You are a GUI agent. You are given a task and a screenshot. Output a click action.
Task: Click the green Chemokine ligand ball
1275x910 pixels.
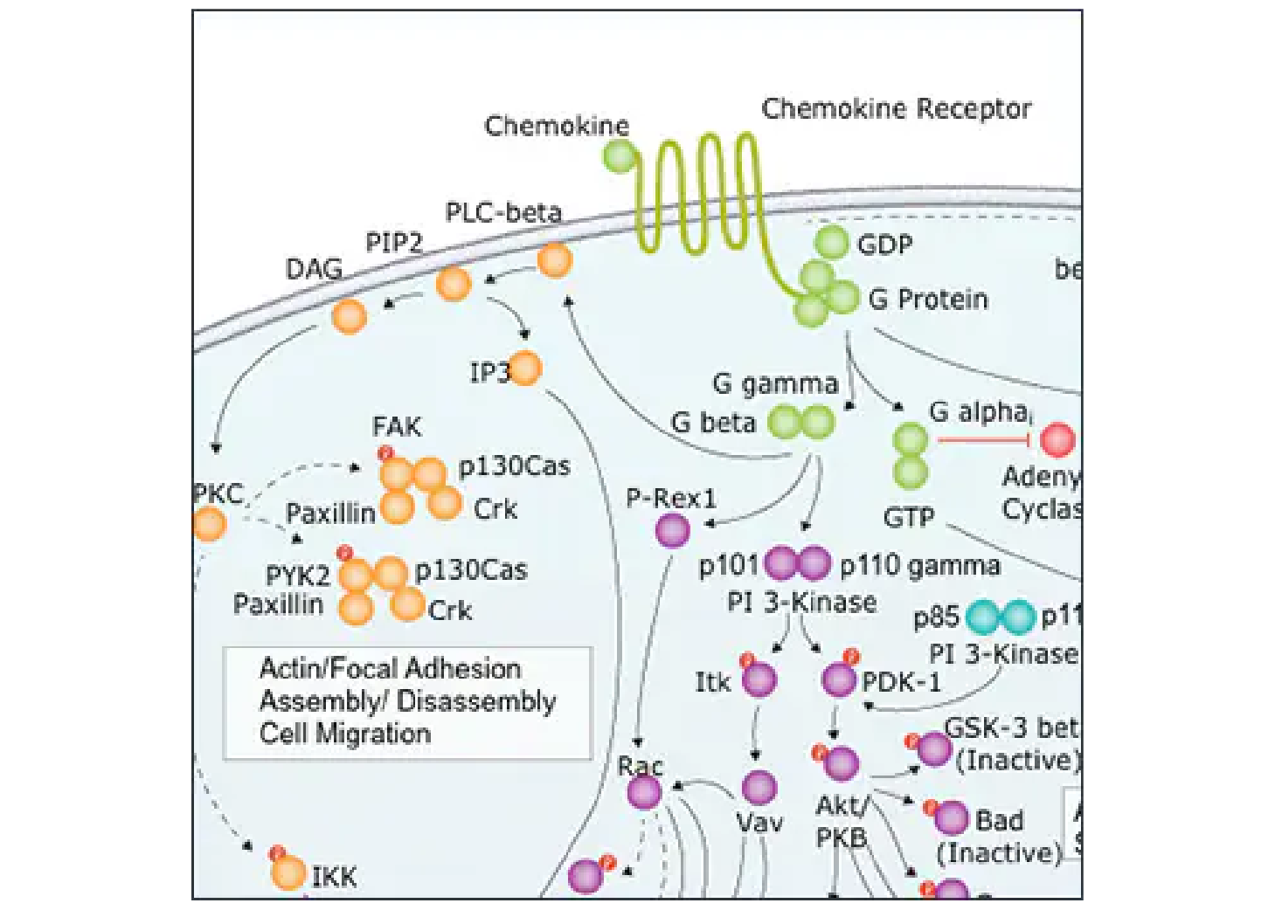point(620,157)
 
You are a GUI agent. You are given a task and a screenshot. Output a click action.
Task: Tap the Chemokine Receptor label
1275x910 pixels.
point(896,109)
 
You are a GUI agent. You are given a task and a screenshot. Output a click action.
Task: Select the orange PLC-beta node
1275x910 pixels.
point(554,260)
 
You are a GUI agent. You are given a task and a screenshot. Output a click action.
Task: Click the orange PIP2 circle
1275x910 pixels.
point(454,284)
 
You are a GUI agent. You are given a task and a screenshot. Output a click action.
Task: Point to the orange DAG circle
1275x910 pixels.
point(350,316)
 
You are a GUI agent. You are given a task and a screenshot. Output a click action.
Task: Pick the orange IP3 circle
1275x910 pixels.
point(525,369)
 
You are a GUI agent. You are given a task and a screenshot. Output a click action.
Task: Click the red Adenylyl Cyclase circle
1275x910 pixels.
point(1057,439)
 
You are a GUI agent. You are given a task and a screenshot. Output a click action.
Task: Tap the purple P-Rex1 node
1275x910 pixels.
point(672,530)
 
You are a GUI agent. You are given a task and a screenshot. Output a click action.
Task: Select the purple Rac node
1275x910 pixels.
point(644,792)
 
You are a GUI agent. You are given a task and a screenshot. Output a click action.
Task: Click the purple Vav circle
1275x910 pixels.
point(759,788)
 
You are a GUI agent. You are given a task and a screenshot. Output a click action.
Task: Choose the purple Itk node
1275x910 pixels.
point(759,679)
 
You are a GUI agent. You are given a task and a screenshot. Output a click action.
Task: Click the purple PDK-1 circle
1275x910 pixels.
point(840,679)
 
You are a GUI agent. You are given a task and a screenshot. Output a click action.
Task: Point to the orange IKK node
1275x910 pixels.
point(288,872)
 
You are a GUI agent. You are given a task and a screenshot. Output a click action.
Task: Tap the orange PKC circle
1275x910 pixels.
point(210,525)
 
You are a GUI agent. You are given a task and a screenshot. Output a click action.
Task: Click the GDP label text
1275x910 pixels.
point(884,245)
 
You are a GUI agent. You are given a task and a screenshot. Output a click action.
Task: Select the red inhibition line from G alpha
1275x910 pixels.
point(983,439)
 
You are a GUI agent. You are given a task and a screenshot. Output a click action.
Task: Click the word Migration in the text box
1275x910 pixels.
point(373,734)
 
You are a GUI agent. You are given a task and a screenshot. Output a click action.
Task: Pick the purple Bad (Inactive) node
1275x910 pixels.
point(951,819)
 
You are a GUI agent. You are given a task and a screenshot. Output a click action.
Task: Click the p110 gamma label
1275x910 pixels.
point(918,567)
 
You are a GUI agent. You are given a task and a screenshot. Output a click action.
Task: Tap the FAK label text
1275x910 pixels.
point(397,427)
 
